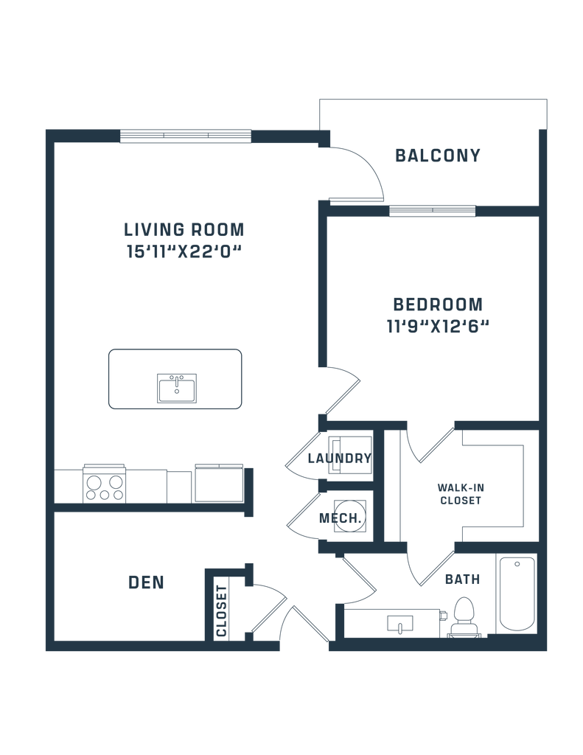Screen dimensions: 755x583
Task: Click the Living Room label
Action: point(184,229)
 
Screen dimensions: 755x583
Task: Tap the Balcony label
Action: point(438,156)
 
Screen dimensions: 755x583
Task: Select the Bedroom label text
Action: point(438,304)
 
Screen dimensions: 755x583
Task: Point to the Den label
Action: point(145,582)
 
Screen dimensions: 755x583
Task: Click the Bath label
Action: point(463,580)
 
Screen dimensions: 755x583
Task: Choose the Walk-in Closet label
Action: point(460,493)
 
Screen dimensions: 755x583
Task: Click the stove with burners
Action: point(104,484)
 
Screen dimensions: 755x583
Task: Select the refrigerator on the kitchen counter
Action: point(219,483)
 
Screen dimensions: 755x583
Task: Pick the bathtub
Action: point(516,594)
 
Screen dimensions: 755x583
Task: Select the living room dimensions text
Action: point(184,252)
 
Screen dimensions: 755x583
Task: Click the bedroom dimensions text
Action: point(438,326)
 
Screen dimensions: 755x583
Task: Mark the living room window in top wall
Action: point(185,136)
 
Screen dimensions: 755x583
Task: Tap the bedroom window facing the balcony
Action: point(432,211)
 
